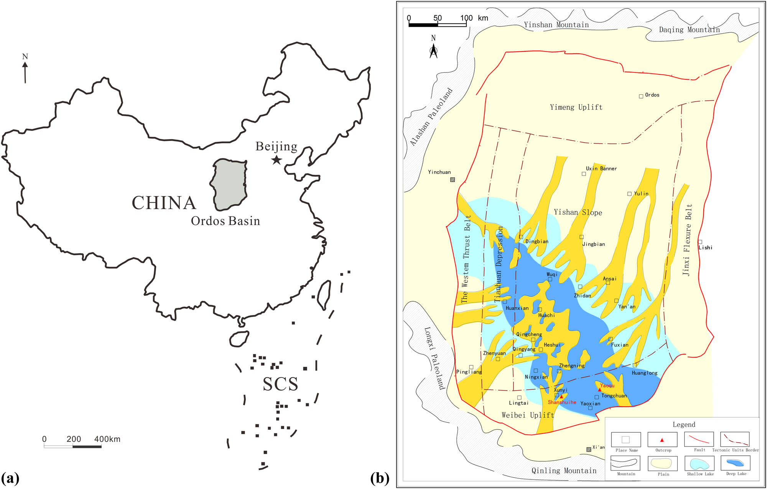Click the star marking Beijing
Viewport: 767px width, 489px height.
click(277, 160)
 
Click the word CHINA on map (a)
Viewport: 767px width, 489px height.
click(164, 203)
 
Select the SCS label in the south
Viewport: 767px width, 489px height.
click(280, 384)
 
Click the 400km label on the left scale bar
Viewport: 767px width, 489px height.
click(107, 439)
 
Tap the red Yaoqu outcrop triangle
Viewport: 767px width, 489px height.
click(599, 390)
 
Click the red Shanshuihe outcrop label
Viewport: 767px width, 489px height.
click(562, 402)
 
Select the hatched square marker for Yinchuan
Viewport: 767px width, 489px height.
click(453, 179)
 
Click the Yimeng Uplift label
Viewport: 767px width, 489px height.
click(576, 107)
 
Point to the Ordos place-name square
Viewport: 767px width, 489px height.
click(641, 96)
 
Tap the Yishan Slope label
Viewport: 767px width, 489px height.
click(578, 212)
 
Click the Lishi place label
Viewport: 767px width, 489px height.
click(705, 248)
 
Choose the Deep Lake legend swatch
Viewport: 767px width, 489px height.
click(735, 463)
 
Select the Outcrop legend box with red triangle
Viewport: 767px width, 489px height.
click(662, 440)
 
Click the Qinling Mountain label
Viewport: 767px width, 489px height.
click(564, 471)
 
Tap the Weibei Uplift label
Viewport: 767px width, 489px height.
click(528, 415)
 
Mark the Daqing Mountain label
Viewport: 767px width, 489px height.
click(689, 30)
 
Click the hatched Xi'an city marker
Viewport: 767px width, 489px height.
click(589, 450)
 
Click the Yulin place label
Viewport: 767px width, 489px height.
click(641, 194)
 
